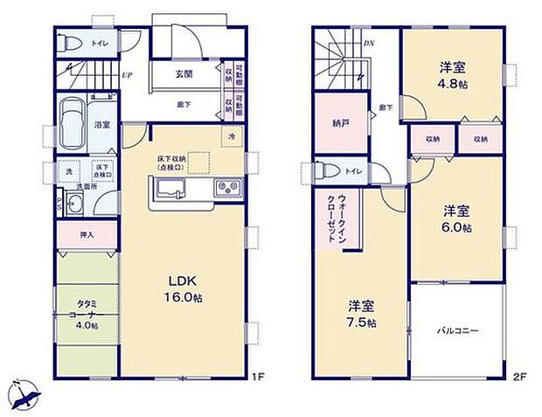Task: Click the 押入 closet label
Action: tap(87, 234)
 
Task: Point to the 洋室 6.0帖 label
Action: tap(455, 219)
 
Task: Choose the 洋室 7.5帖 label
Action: tap(362, 314)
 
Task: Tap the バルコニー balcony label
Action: tap(456, 330)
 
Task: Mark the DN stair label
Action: tap(369, 42)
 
